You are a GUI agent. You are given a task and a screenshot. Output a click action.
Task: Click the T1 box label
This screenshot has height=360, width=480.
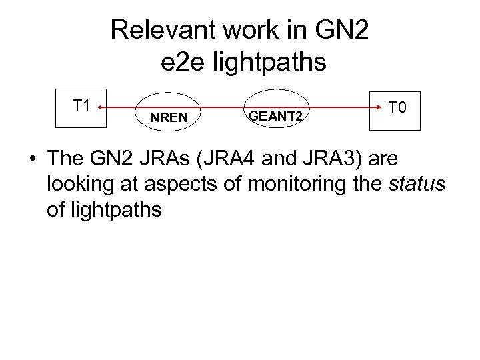coord(82,105)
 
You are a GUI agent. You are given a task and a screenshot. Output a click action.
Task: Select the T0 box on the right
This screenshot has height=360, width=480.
coord(397,109)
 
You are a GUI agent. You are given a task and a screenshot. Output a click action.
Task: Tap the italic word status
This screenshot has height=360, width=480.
coord(416,185)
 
